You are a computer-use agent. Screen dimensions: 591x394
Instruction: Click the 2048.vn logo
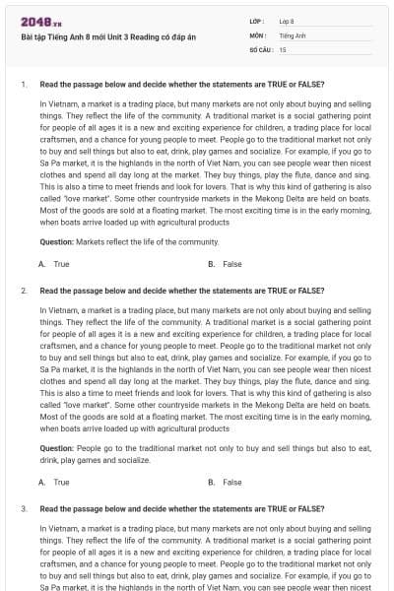(34, 22)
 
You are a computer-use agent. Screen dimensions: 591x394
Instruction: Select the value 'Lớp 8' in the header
(287, 21)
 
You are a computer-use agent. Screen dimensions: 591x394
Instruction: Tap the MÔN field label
(257, 34)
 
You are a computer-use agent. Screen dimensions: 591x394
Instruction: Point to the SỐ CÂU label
(260, 48)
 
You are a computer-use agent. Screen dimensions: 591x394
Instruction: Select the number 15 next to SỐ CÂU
(283, 48)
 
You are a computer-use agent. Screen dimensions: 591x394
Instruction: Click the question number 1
(23, 84)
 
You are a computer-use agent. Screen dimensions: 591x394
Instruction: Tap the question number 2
(23, 292)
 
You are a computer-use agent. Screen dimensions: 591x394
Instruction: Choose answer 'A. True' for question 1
(54, 264)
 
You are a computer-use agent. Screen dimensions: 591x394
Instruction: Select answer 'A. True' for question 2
(54, 482)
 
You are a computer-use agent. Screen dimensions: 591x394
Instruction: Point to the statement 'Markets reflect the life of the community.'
(147, 241)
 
